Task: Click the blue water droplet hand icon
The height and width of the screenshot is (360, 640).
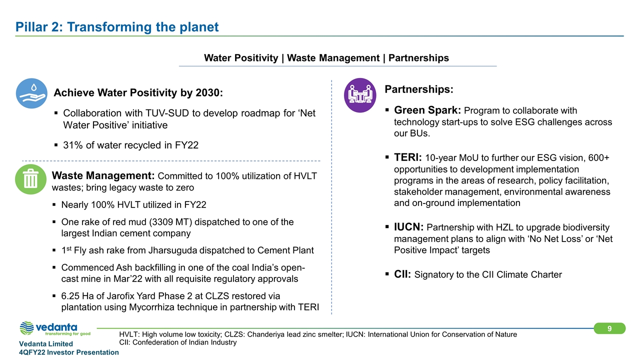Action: pyautogui.click(x=31, y=93)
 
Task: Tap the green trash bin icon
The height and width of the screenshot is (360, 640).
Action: pyautogui.click(x=30, y=178)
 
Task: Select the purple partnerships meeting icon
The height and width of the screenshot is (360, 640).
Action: pyautogui.click(x=360, y=95)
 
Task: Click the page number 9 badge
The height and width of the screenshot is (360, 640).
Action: pyautogui.click(x=609, y=328)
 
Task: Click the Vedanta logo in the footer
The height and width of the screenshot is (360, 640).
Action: pyautogui.click(x=55, y=329)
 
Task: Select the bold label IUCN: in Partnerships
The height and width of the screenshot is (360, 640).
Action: pyautogui.click(x=409, y=226)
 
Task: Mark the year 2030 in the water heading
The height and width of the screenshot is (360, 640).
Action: pyautogui.click(x=205, y=93)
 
